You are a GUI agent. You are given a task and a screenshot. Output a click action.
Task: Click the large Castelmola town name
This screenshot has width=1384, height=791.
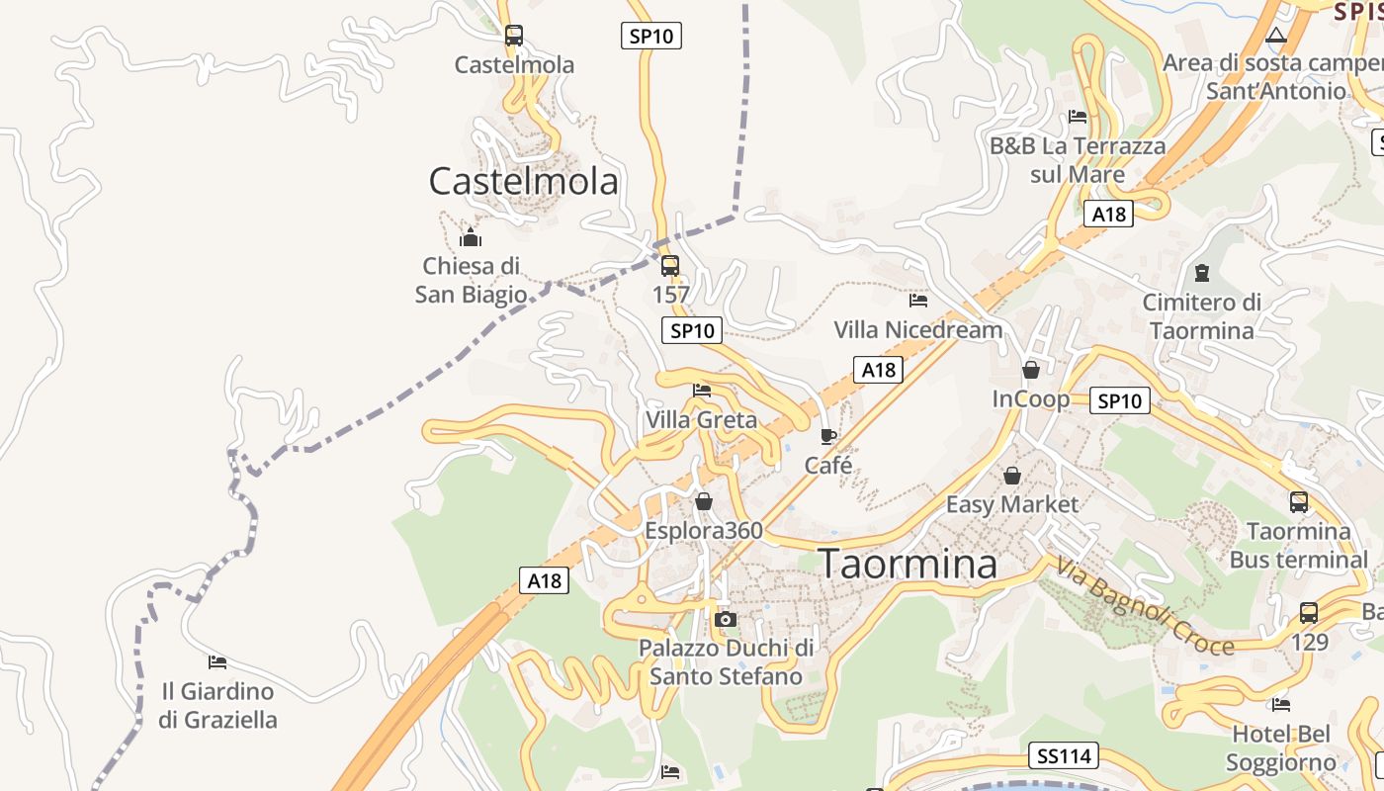point(524,181)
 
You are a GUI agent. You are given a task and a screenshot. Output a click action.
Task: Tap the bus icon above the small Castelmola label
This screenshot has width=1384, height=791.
point(514,36)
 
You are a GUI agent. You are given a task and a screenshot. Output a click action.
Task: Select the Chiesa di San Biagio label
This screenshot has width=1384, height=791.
point(471,280)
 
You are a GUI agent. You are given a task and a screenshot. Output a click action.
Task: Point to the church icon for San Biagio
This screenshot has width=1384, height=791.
point(471,237)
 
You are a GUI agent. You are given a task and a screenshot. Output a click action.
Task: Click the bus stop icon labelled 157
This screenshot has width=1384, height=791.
point(670,265)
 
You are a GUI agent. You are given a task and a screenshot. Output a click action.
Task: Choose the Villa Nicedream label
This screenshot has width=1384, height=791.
point(918,329)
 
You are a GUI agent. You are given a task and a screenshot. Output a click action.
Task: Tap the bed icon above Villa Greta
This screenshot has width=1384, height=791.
point(702,391)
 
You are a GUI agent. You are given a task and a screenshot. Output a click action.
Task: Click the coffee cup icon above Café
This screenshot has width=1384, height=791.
point(828,436)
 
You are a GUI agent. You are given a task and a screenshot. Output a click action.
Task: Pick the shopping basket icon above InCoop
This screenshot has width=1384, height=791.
point(1031,370)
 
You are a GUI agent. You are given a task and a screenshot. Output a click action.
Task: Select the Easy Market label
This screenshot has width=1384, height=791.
point(1012,504)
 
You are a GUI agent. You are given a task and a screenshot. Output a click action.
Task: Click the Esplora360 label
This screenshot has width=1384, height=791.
point(704,531)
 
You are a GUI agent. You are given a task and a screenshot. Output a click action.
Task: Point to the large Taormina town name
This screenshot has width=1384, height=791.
point(908,564)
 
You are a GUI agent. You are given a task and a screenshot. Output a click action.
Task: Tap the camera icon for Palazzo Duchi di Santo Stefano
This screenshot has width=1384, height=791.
point(726,619)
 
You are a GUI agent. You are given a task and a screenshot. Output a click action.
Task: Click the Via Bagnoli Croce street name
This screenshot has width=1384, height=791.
point(1145,606)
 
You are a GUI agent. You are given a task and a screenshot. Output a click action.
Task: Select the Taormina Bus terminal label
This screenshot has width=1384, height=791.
point(1299,546)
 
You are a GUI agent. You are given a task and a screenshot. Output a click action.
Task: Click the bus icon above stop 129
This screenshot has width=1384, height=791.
point(1309,612)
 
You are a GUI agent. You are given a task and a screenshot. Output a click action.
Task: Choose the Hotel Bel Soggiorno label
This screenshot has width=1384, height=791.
point(1281,748)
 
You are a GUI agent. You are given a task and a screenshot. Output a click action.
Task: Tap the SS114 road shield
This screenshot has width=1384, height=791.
point(1064,756)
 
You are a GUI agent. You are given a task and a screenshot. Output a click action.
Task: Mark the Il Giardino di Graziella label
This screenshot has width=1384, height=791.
point(217,705)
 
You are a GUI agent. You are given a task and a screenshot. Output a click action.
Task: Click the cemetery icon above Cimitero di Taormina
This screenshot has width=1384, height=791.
point(1202,272)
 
